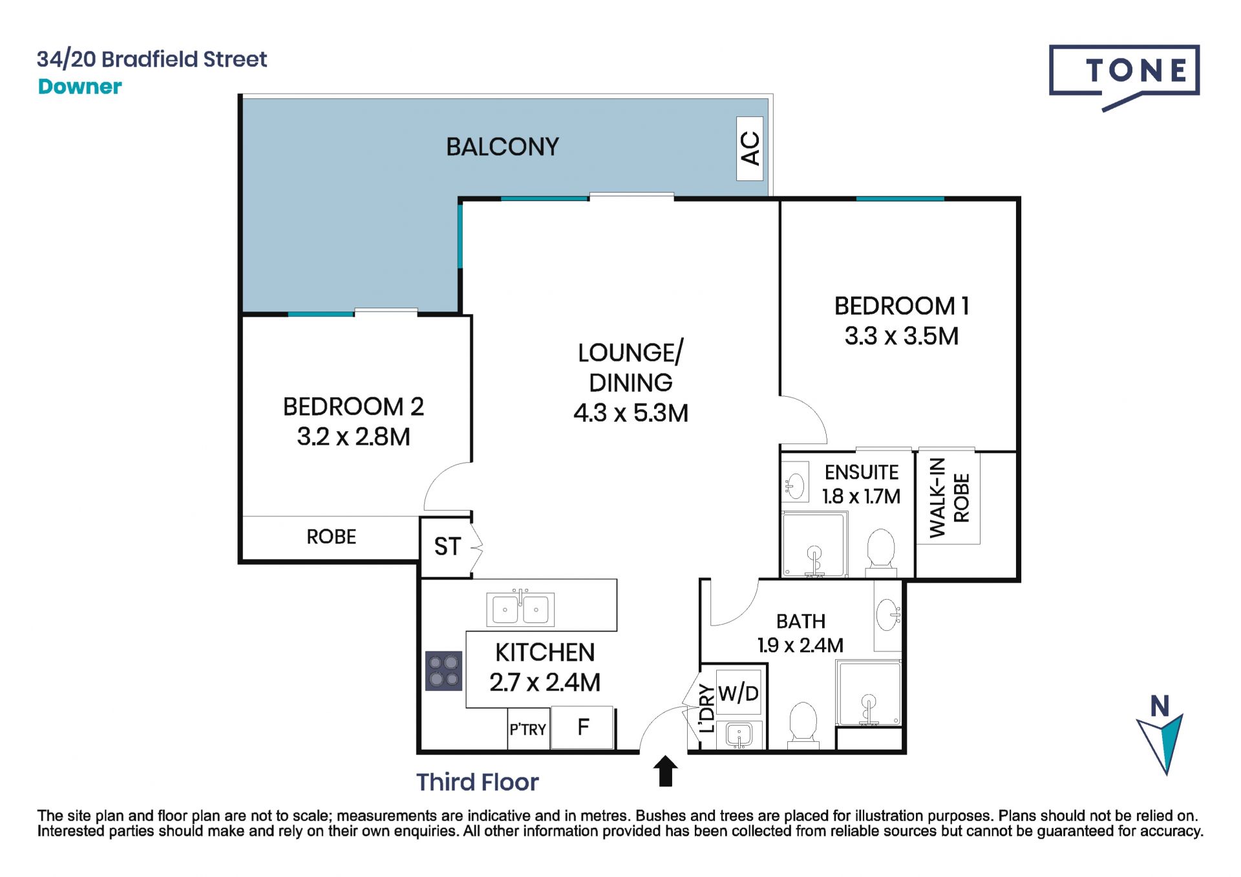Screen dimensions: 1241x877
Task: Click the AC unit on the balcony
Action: coord(750,149)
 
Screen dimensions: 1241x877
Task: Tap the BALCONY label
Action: coord(502,147)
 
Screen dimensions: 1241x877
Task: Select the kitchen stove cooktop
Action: coord(444,670)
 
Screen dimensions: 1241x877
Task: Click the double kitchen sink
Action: coord(520,608)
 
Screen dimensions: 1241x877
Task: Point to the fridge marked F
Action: coord(582,728)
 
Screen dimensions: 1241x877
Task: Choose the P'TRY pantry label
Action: coord(528,730)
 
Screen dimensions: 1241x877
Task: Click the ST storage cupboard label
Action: coord(447,547)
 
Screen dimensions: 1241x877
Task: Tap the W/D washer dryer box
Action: coord(738,693)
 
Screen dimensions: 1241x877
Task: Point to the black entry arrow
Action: coord(665,772)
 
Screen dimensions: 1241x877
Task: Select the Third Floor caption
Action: coord(477,782)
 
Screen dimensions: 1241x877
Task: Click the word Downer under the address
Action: coord(80,87)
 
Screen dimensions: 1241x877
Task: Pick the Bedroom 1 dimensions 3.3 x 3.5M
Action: coord(902,336)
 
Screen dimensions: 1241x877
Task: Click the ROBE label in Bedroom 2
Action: coord(331,536)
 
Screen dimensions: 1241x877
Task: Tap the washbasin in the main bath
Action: coord(888,615)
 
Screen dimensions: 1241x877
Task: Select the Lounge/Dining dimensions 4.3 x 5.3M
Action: coord(631,413)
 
